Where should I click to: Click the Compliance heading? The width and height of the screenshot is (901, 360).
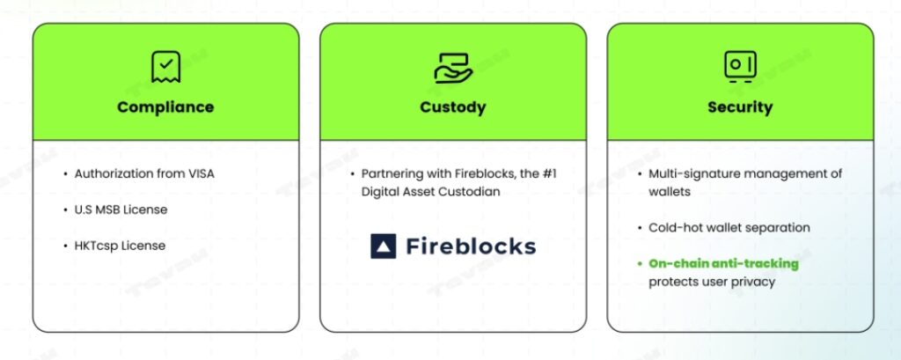point(165,107)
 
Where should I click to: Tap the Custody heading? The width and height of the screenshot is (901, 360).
point(452,107)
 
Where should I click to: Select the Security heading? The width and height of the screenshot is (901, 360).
point(739,107)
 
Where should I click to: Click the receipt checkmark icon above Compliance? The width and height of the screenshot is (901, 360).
point(165,66)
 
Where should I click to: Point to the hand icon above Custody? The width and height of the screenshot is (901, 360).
point(453,67)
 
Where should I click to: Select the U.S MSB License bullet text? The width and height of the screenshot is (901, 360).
point(121,209)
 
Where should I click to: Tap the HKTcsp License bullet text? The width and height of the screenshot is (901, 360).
point(119,245)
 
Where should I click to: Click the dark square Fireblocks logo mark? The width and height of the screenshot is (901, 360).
point(384,246)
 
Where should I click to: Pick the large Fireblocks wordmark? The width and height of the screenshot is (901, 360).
point(470,246)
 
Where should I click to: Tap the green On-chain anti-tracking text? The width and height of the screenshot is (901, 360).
point(723,263)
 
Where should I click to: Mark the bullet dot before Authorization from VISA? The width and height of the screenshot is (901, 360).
point(64,173)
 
